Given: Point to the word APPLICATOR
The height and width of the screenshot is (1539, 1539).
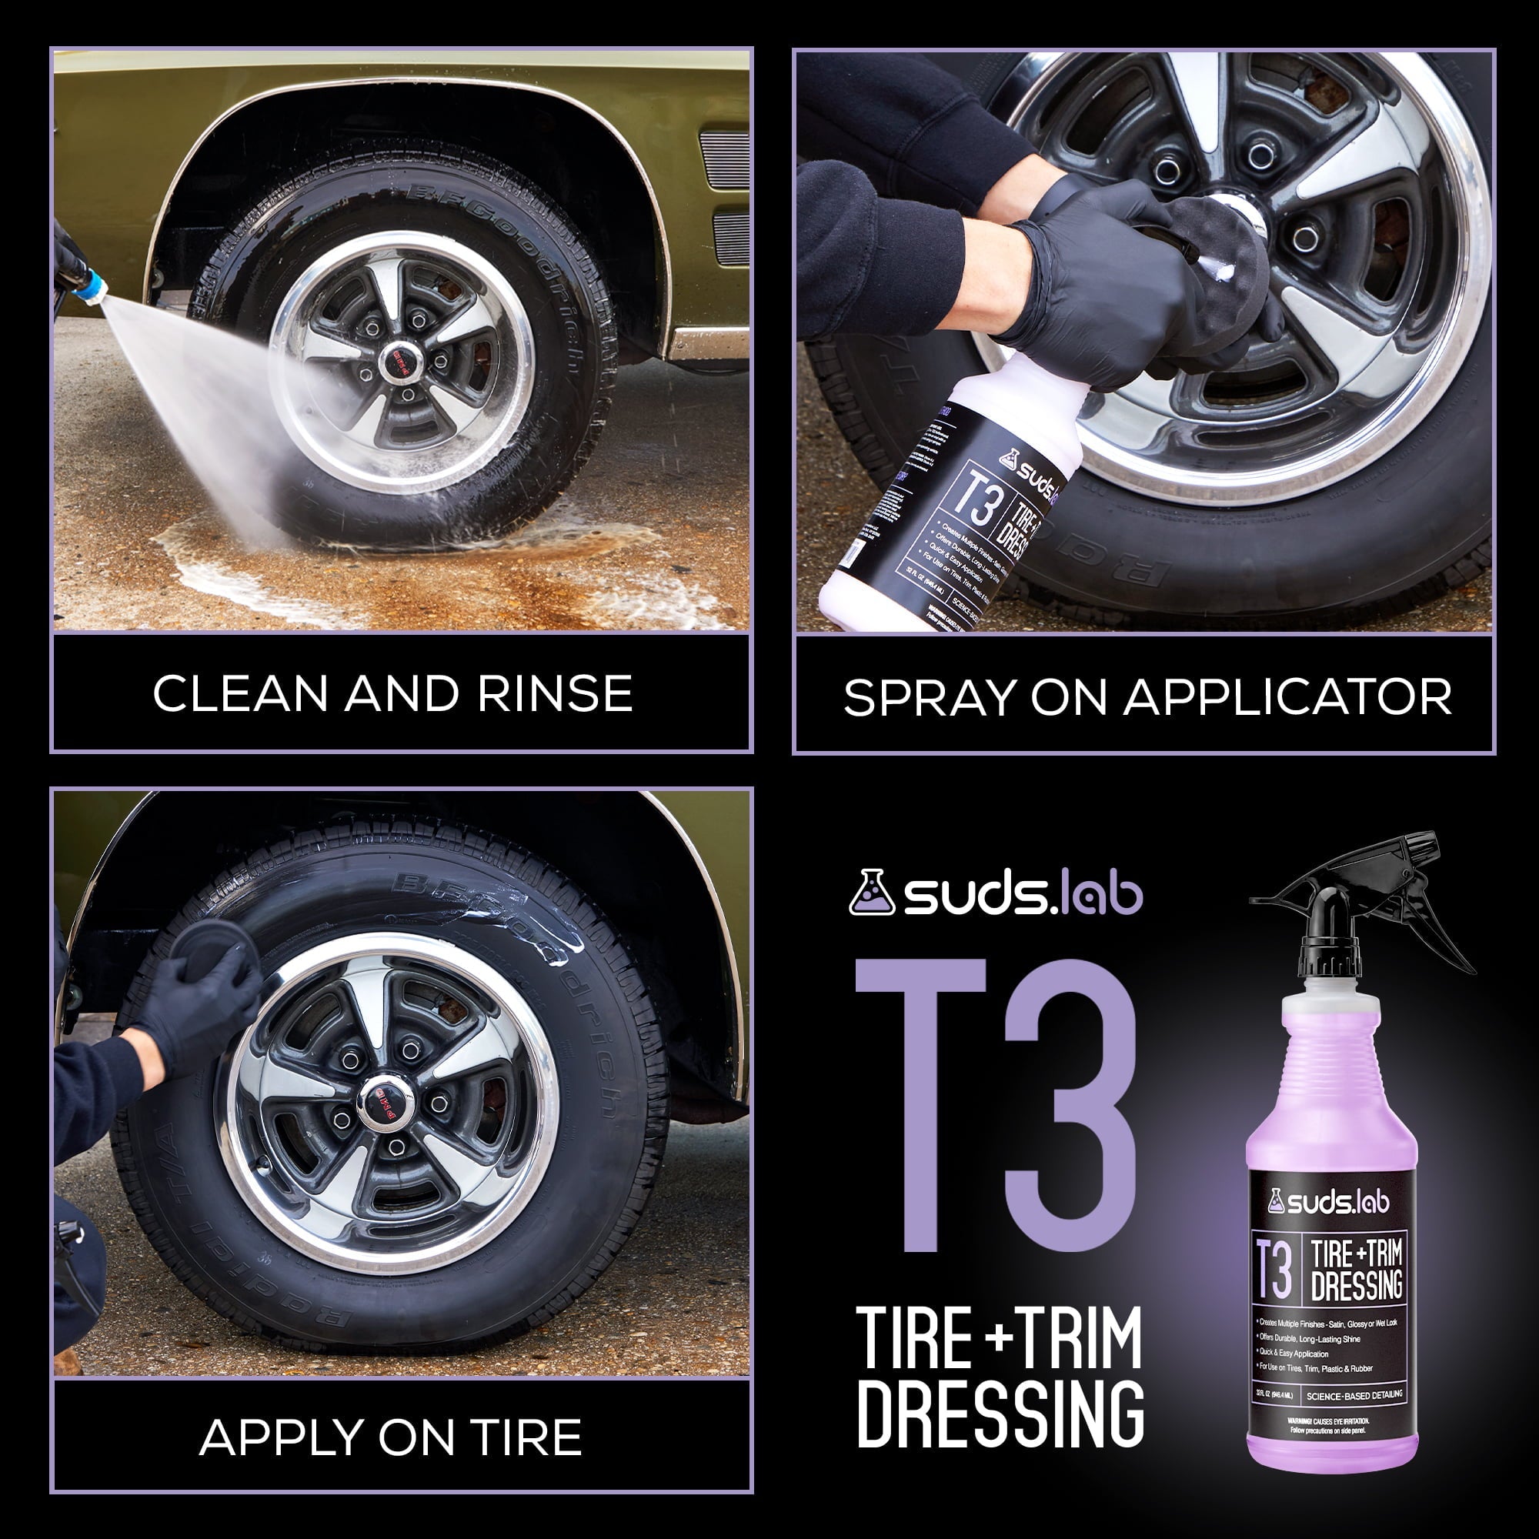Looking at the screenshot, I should tap(1287, 699).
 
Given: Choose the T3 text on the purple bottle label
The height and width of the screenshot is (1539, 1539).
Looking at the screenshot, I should tap(1274, 1270).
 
